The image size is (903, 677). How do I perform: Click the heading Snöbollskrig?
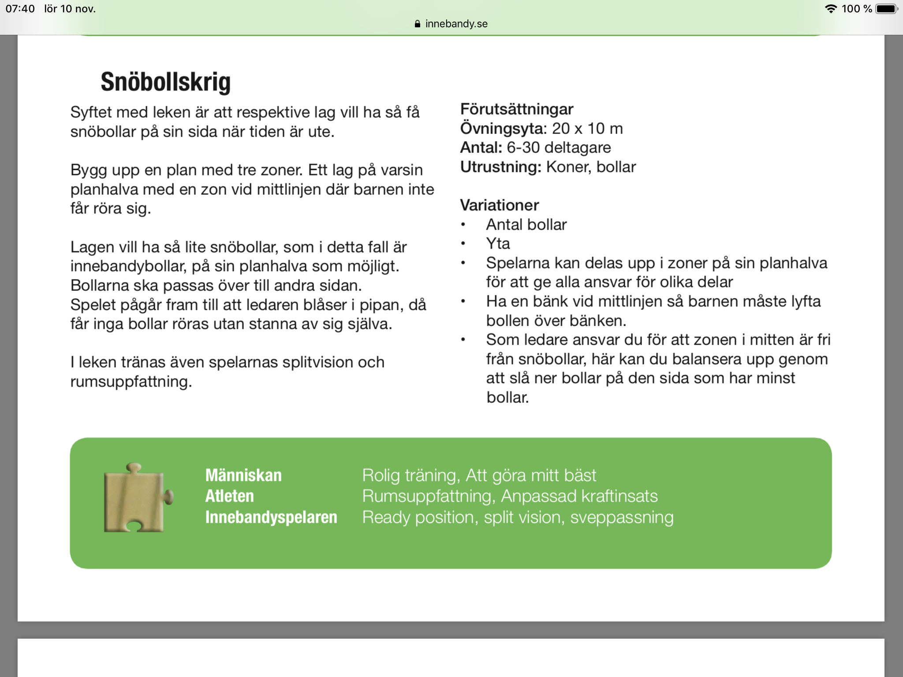pos(165,82)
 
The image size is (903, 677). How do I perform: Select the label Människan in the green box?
pos(243,475)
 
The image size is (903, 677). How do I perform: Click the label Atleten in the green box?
pos(229,496)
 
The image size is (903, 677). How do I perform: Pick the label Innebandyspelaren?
pos(271,517)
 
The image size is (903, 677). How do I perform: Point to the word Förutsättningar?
pos(516,109)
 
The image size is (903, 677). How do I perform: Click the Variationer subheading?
pos(499,205)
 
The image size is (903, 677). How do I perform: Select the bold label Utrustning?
pos(500,167)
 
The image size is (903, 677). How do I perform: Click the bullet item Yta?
pos(498,243)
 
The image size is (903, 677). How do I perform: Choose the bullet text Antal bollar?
pos(526,224)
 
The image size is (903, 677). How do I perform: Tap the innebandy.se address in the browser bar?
pos(456,24)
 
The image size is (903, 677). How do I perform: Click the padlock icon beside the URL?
pos(418,24)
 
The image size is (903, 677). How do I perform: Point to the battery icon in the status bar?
pos(886,9)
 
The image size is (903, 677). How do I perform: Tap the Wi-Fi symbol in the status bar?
pos(831,9)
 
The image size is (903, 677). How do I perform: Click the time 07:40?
pos(20,9)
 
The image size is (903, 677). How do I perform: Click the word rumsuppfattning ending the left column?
pos(131,381)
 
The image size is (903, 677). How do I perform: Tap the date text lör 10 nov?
pos(70,9)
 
